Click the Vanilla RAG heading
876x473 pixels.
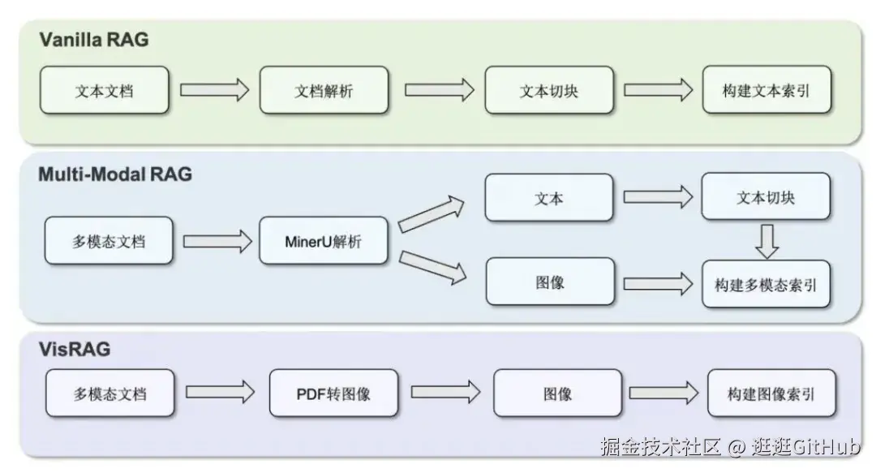click(94, 40)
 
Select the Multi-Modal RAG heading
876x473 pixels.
click(115, 174)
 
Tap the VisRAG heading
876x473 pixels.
click(75, 350)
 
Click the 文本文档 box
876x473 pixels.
click(104, 90)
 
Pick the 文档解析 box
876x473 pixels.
click(324, 90)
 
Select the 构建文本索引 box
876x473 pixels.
click(766, 90)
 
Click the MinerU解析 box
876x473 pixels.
click(323, 240)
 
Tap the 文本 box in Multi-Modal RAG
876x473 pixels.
click(549, 197)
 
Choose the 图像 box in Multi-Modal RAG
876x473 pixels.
click(549, 283)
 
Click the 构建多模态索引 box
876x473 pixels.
click(766, 284)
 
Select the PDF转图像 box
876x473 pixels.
click(333, 393)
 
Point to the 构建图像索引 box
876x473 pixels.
click(771, 393)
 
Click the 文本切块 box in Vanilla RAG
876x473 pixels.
click(549, 90)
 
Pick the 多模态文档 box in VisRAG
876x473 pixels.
click(109, 393)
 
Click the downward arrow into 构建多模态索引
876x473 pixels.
click(766, 240)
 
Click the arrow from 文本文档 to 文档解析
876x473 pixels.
click(214, 89)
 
